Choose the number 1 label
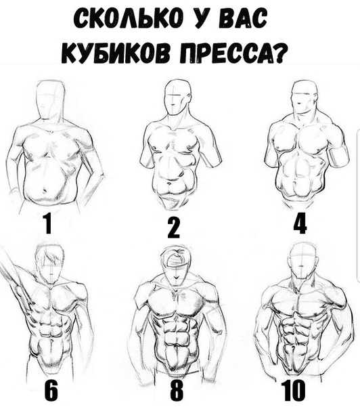[x=47, y=223]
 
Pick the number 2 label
[x=174, y=228]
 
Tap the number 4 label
[x=300, y=223]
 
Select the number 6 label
[x=52, y=391]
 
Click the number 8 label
[x=177, y=391]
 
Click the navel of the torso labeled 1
[x=44, y=190]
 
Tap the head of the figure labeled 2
[x=176, y=97]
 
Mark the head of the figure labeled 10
[x=305, y=261]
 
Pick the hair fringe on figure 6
[x=52, y=257]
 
